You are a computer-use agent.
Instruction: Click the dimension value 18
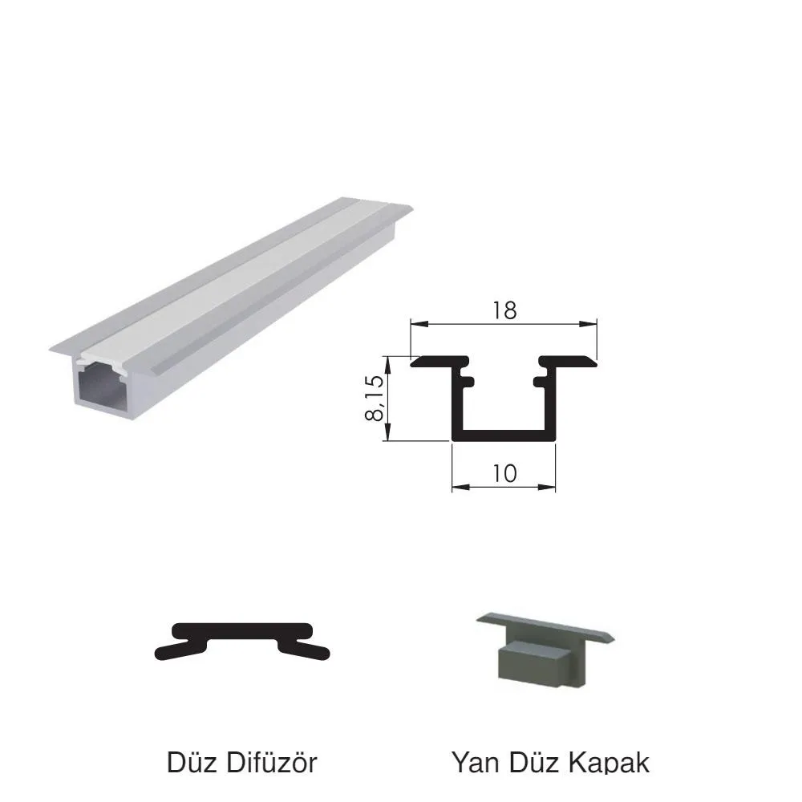(x=504, y=310)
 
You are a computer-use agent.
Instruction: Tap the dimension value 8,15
(x=375, y=398)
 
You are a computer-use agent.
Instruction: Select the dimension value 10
(x=504, y=474)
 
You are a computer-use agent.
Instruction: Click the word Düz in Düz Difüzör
(x=192, y=762)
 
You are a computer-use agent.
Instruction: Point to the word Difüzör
(x=271, y=762)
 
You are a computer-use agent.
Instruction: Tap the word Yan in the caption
(x=476, y=762)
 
